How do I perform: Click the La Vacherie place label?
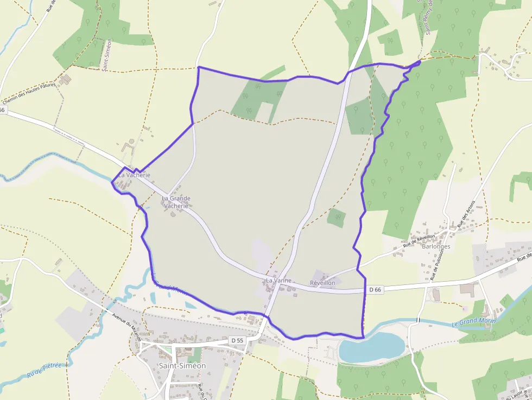[x=134, y=175]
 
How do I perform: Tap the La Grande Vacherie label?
[x=176, y=202]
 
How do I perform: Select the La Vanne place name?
[x=278, y=281]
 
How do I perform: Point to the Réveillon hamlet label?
[x=322, y=283]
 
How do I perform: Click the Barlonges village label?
[x=436, y=246]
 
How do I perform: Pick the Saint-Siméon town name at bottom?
[x=182, y=366]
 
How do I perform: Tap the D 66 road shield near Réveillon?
[x=375, y=290]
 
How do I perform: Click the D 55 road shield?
[x=236, y=340]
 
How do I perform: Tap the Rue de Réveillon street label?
[x=419, y=242]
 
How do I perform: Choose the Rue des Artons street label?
[x=466, y=214]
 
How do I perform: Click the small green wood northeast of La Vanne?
[x=337, y=218]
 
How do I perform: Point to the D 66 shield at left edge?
[x=2, y=110]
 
